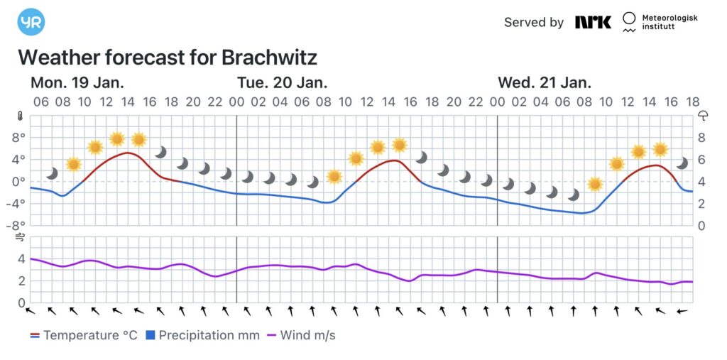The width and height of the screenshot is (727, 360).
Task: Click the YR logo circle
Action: [31, 22]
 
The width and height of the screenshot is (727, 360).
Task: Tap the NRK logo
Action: [593, 22]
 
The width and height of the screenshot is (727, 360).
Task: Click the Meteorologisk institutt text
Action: [669, 22]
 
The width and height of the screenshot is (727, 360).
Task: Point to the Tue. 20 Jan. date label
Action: [282, 82]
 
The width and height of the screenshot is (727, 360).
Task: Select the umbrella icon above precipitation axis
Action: [704, 116]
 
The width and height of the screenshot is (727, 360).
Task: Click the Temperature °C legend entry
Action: [84, 335]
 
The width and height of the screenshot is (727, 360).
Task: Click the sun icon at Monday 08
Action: [73, 164]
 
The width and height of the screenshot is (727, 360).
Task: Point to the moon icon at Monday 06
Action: [52, 173]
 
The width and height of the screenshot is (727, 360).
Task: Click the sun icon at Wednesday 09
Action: [595, 184]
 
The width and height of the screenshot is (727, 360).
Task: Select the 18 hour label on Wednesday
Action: [693, 102]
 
